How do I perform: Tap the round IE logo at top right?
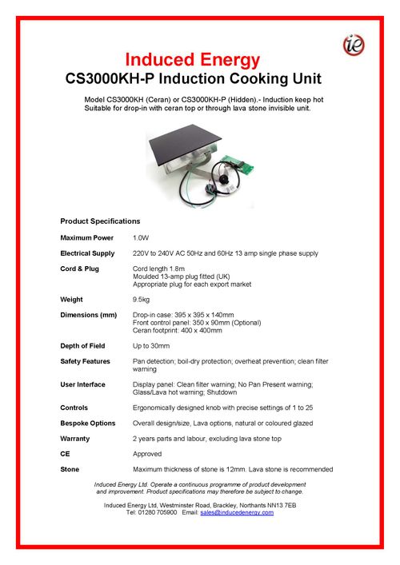[x=353, y=46]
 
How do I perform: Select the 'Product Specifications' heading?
[x=100, y=221]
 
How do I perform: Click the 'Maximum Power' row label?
[x=86, y=238]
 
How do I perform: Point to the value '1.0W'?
[x=140, y=238]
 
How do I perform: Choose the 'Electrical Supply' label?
[x=89, y=253]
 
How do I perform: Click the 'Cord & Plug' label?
[x=79, y=269]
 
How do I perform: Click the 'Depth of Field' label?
[x=85, y=346]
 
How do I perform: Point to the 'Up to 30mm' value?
[x=150, y=346]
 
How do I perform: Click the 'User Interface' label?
[x=82, y=384]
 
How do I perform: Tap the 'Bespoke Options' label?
[x=88, y=423]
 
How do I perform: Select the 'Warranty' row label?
[x=75, y=439]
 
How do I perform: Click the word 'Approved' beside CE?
[x=147, y=454]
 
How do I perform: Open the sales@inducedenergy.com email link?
[x=237, y=512]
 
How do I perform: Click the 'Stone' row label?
[x=70, y=469]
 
